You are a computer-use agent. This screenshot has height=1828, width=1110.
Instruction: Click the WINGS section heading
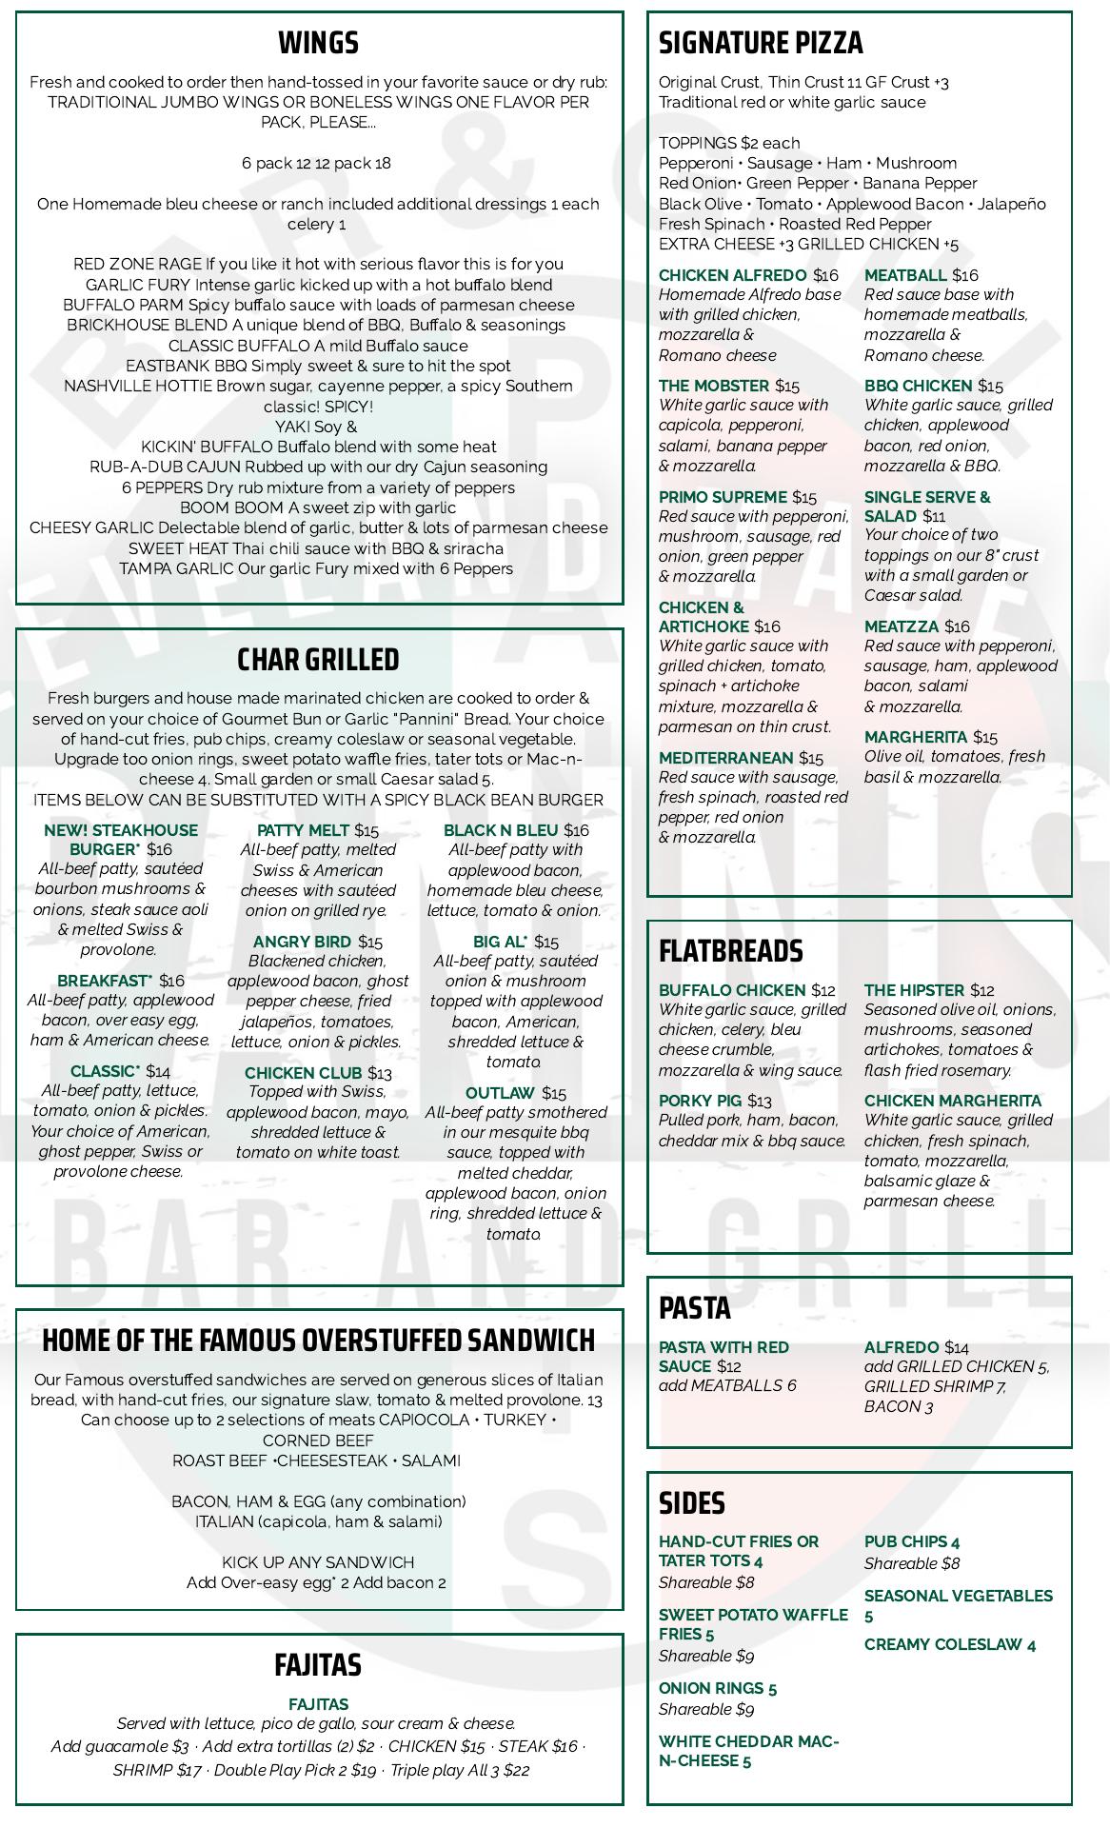(318, 43)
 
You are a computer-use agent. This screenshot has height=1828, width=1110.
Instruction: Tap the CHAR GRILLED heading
(318, 659)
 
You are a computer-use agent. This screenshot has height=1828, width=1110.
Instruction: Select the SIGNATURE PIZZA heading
(761, 43)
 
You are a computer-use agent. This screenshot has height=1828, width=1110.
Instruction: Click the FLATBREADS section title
(730, 950)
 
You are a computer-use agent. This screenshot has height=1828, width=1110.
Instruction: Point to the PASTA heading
(695, 1307)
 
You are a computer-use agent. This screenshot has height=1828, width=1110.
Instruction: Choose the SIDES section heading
(692, 1502)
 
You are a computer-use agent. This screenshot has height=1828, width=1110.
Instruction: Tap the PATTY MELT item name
(303, 830)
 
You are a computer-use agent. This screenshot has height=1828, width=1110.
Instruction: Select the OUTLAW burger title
(500, 1093)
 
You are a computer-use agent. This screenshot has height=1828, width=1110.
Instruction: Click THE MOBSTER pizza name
(714, 386)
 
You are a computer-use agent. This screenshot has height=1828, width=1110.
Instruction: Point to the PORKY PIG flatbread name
(699, 1101)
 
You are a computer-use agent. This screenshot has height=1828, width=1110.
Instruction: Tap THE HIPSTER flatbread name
(914, 990)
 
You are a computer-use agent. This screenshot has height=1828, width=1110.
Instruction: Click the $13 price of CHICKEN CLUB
(380, 1073)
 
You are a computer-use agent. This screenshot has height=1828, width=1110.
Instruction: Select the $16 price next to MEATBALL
(965, 275)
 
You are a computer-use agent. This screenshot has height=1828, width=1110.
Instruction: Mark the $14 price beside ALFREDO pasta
(957, 1347)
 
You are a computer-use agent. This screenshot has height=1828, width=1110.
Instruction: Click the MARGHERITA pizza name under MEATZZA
(915, 737)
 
